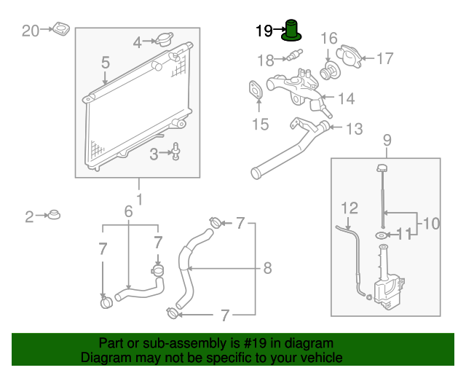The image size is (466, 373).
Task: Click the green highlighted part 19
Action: click(x=293, y=31)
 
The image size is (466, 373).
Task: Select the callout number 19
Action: click(x=264, y=31)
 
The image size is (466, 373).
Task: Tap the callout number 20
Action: click(x=30, y=30)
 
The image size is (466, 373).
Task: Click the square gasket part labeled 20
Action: click(x=60, y=31)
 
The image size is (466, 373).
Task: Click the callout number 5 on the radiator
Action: click(x=106, y=63)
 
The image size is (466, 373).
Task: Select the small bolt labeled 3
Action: click(x=177, y=152)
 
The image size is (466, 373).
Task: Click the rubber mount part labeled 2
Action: click(x=52, y=216)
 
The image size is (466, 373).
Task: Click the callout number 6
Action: click(x=129, y=211)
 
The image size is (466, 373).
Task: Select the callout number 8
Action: click(x=267, y=268)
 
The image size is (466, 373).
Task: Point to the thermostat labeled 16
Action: click(x=330, y=72)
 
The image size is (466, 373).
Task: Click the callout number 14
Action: click(x=346, y=98)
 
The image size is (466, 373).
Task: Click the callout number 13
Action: click(x=354, y=130)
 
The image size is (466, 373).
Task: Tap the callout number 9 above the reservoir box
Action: click(x=387, y=139)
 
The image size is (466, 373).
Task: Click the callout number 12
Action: click(x=349, y=207)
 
